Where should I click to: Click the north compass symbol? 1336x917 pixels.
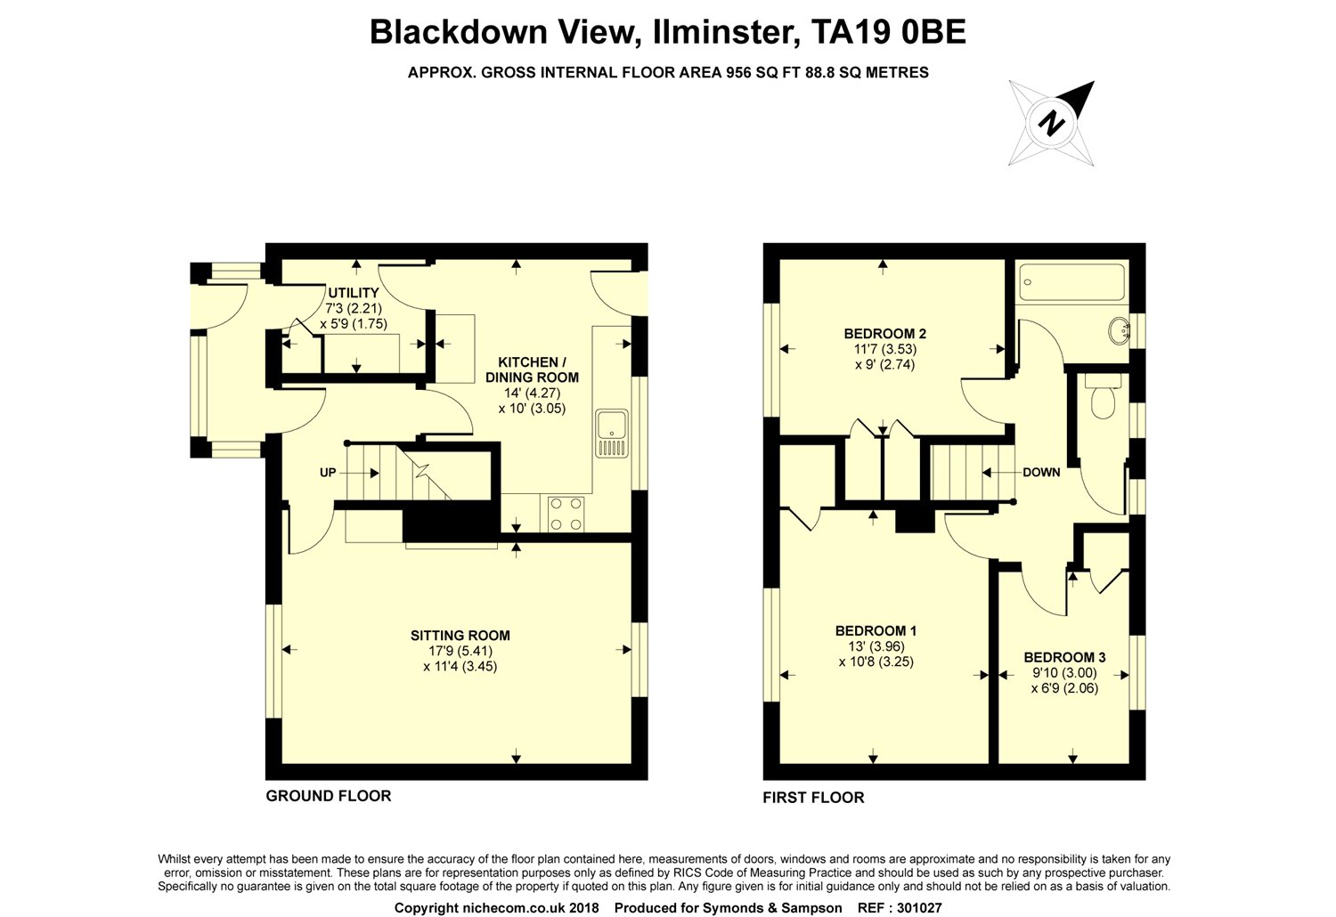pyautogui.click(x=1051, y=123)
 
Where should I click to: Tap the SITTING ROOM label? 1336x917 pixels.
pyautogui.click(x=460, y=636)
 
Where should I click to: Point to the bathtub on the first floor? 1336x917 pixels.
pyautogui.click(x=1071, y=282)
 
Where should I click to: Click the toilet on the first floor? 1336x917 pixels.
pyautogui.click(x=1103, y=396)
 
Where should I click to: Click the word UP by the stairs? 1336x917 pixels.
pyautogui.click(x=328, y=473)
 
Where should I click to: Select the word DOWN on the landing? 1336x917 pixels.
pyautogui.click(x=1041, y=472)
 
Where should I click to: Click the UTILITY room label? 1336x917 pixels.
pyautogui.click(x=354, y=293)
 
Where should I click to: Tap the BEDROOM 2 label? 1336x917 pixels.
pyautogui.click(x=885, y=334)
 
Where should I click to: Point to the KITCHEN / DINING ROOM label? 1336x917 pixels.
pyautogui.click(x=532, y=369)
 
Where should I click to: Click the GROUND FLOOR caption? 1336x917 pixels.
pyautogui.click(x=328, y=796)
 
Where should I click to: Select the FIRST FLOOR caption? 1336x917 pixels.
pyautogui.click(x=813, y=798)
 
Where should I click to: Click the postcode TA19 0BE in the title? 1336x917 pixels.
pyautogui.click(x=888, y=32)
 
